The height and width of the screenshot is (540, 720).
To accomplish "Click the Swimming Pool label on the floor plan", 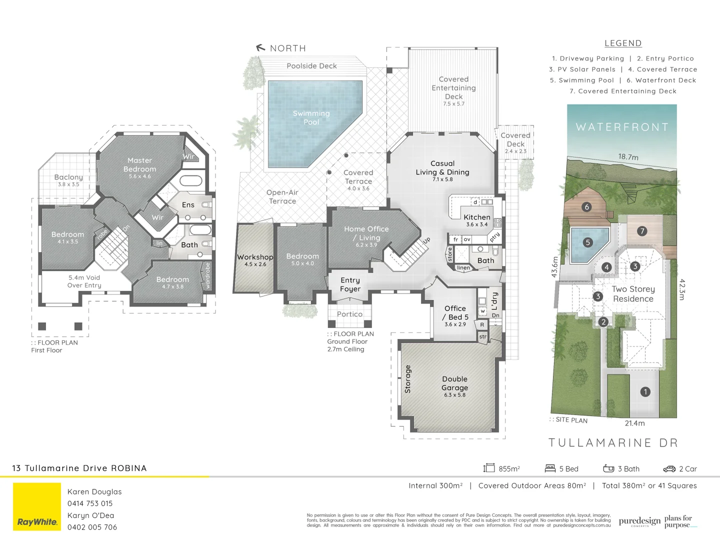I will point(311,117).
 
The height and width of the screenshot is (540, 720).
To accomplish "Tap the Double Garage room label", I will point(454,383).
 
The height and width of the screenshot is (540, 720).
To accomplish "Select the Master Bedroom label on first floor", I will point(139,165).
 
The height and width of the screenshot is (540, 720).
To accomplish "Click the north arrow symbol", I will point(260,48).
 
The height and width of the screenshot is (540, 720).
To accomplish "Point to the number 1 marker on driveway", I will point(645,392).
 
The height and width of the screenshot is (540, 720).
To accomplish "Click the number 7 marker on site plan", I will point(642,231).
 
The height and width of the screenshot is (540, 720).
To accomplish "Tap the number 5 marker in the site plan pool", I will point(587,242).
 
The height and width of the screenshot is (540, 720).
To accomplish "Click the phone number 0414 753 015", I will point(90,503).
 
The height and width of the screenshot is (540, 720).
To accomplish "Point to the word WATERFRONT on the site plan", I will point(622,127).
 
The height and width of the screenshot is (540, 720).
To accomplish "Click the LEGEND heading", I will point(622,43).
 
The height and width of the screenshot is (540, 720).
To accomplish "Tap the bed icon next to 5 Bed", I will point(550,468).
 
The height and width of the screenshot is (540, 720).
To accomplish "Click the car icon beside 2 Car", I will point(669,469).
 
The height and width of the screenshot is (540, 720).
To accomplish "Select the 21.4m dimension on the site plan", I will point(634,423).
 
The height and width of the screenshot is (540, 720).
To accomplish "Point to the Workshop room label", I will point(255,257).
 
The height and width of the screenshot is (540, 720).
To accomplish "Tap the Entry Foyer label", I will point(350,284).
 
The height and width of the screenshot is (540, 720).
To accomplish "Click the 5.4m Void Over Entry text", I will point(84,281).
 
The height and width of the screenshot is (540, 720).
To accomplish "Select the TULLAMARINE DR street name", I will point(613,443).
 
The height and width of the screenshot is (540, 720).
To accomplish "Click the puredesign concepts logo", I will point(639,521).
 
